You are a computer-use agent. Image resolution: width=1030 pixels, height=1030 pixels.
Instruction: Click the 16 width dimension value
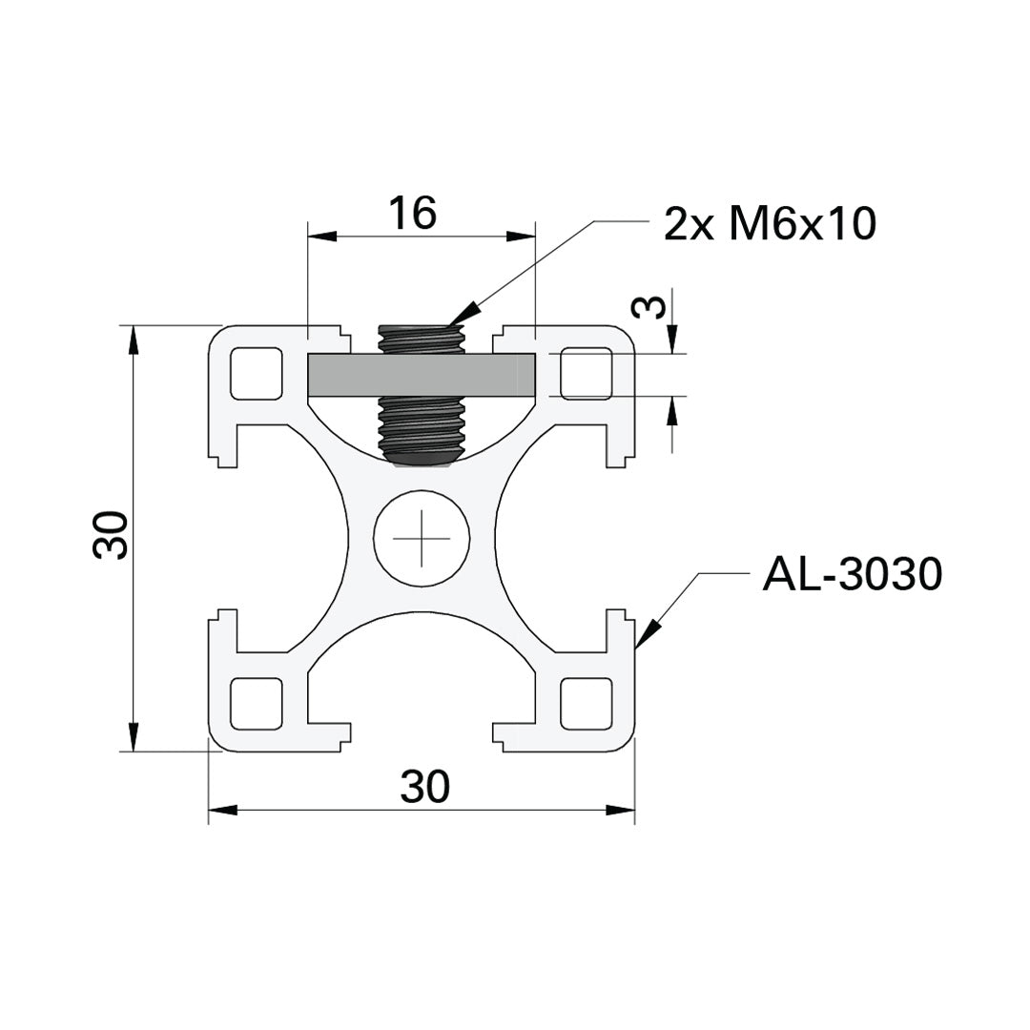(413, 214)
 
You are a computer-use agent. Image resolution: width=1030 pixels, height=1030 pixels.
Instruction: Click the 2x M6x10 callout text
(769, 225)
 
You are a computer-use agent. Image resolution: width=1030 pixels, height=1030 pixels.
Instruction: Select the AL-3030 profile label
(852, 575)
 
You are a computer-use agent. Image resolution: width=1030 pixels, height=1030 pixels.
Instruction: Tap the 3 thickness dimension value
(649, 307)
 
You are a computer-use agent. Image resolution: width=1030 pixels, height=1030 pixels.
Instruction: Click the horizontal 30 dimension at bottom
(424, 788)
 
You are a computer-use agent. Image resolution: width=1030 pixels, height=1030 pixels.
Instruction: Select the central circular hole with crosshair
(422, 538)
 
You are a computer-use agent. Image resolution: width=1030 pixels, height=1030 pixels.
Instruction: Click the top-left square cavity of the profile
(257, 374)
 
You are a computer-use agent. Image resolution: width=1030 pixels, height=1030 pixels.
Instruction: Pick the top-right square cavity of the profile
(587, 374)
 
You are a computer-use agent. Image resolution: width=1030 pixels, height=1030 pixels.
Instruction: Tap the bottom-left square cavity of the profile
(257, 704)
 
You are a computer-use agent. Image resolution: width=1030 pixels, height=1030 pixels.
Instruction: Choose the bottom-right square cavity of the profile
(587, 704)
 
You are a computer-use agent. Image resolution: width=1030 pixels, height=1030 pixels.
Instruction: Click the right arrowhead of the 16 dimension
(521, 236)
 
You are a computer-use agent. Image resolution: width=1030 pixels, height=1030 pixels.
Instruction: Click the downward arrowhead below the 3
(672, 340)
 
